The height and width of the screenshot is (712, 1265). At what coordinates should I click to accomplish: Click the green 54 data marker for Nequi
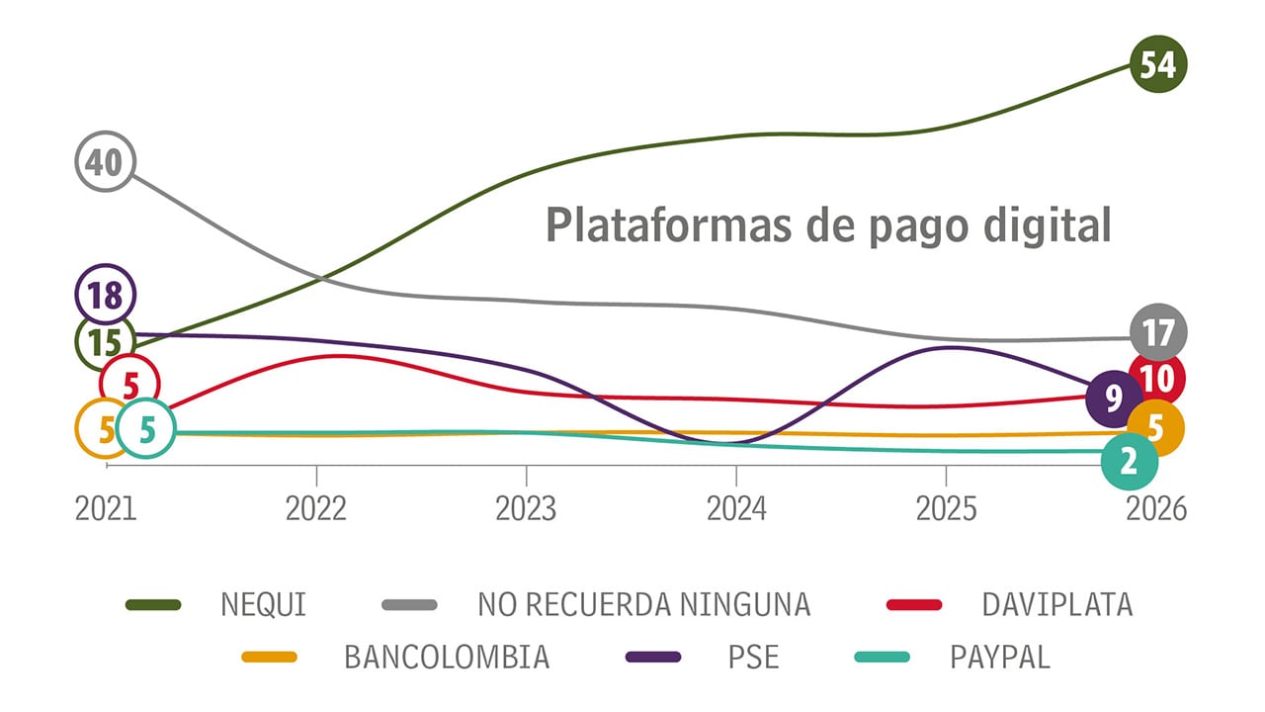[1157, 64]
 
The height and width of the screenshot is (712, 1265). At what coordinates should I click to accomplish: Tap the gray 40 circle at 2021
[105, 161]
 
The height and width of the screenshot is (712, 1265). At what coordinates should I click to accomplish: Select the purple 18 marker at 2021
[105, 294]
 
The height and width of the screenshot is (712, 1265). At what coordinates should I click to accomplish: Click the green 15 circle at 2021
[105, 341]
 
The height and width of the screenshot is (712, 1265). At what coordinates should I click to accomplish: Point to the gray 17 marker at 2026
[1157, 333]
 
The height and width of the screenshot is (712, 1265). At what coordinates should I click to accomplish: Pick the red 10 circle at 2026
[1157, 377]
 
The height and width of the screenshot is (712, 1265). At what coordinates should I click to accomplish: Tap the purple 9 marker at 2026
[1114, 399]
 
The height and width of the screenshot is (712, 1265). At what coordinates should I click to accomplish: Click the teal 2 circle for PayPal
[1131, 461]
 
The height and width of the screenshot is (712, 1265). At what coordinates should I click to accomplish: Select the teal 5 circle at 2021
[146, 429]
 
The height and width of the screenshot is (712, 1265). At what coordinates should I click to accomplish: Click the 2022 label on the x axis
[316, 508]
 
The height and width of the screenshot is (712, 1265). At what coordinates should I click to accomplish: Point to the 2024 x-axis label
[736, 508]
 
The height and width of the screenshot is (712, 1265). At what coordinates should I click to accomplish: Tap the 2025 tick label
[946, 508]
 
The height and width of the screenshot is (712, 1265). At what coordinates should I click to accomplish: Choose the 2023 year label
[526, 508]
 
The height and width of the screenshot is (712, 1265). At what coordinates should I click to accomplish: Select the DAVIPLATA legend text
[1056, 604]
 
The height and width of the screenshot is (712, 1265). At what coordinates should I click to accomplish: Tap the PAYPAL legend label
[1000, 657]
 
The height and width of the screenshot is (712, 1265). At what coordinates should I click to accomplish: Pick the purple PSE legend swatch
[653, 657]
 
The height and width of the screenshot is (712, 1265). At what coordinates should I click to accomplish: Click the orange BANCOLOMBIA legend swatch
[269, 657]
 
